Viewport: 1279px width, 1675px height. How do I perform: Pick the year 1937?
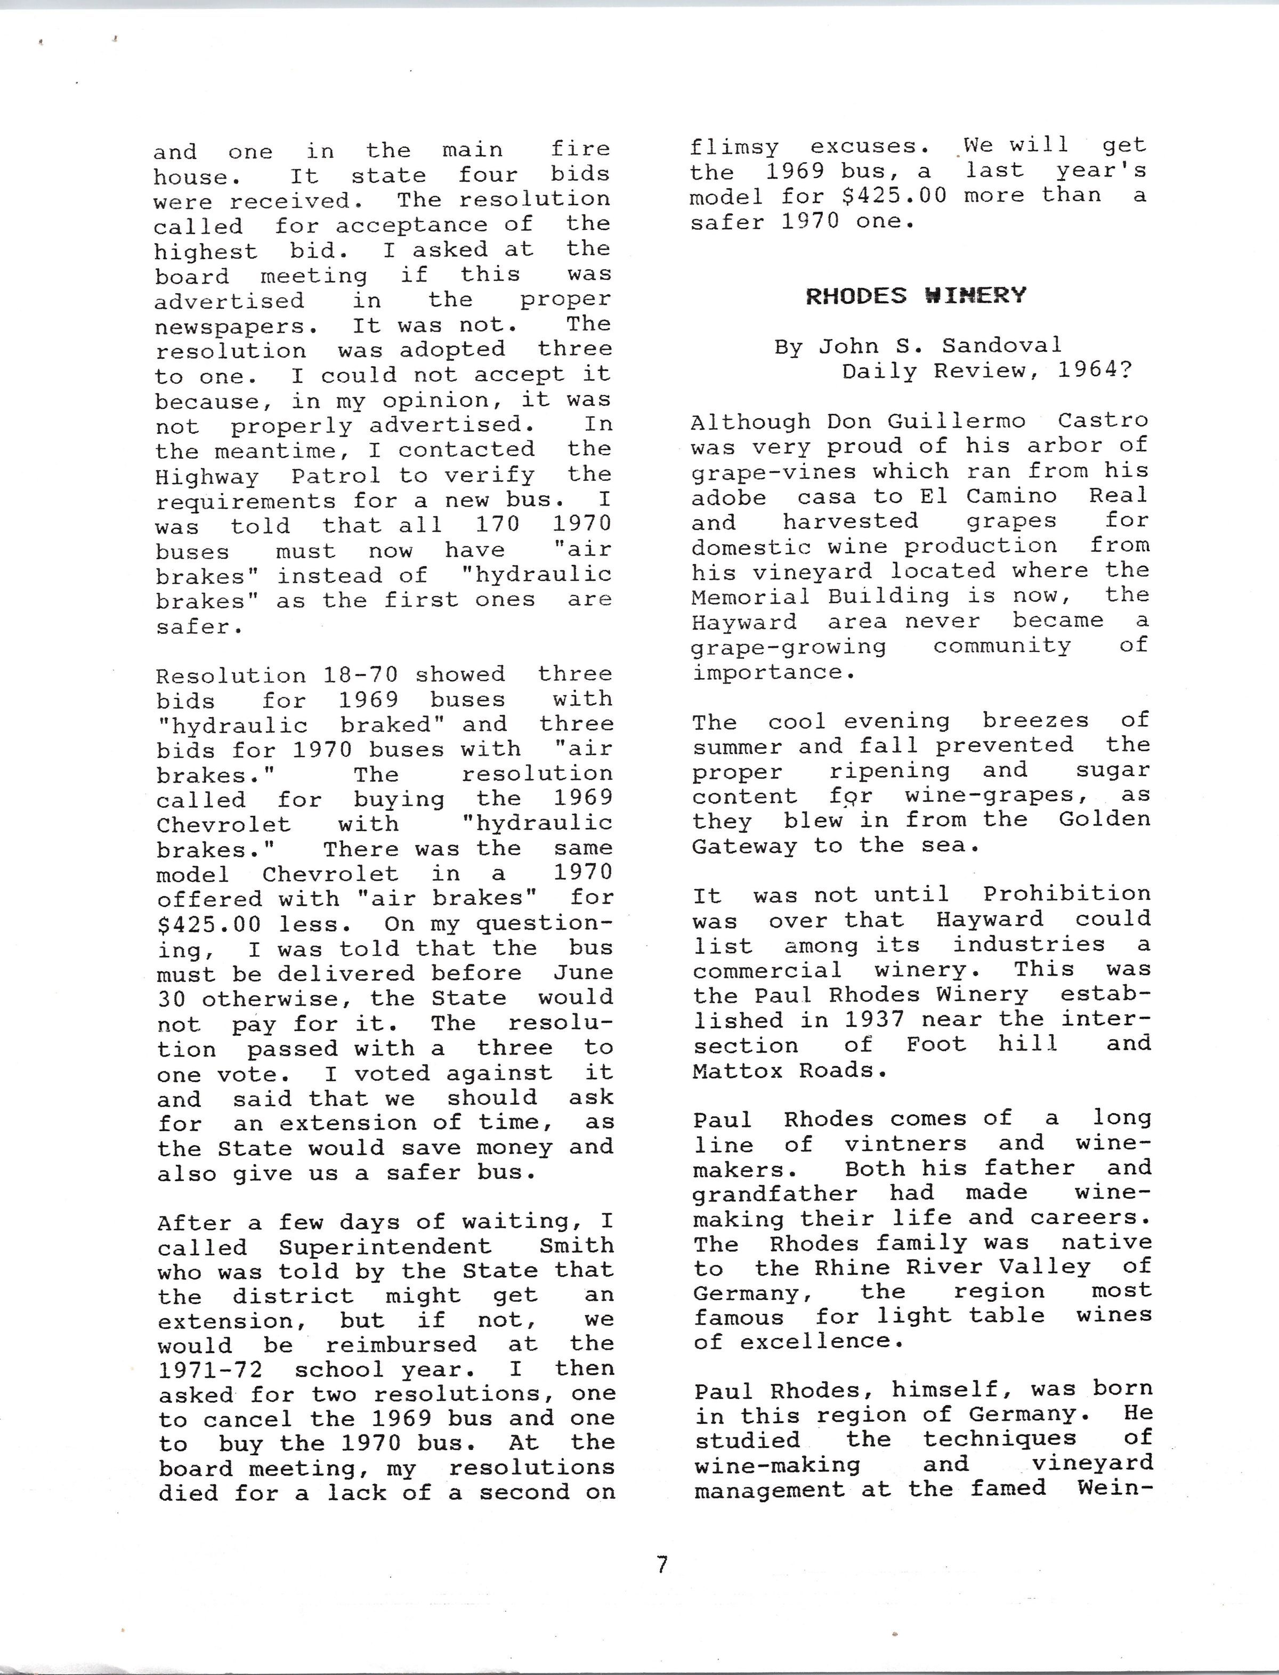[874, 1019]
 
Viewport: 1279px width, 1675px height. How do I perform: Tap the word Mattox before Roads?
[738, 1070]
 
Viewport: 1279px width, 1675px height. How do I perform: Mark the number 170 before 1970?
[498, 525]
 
